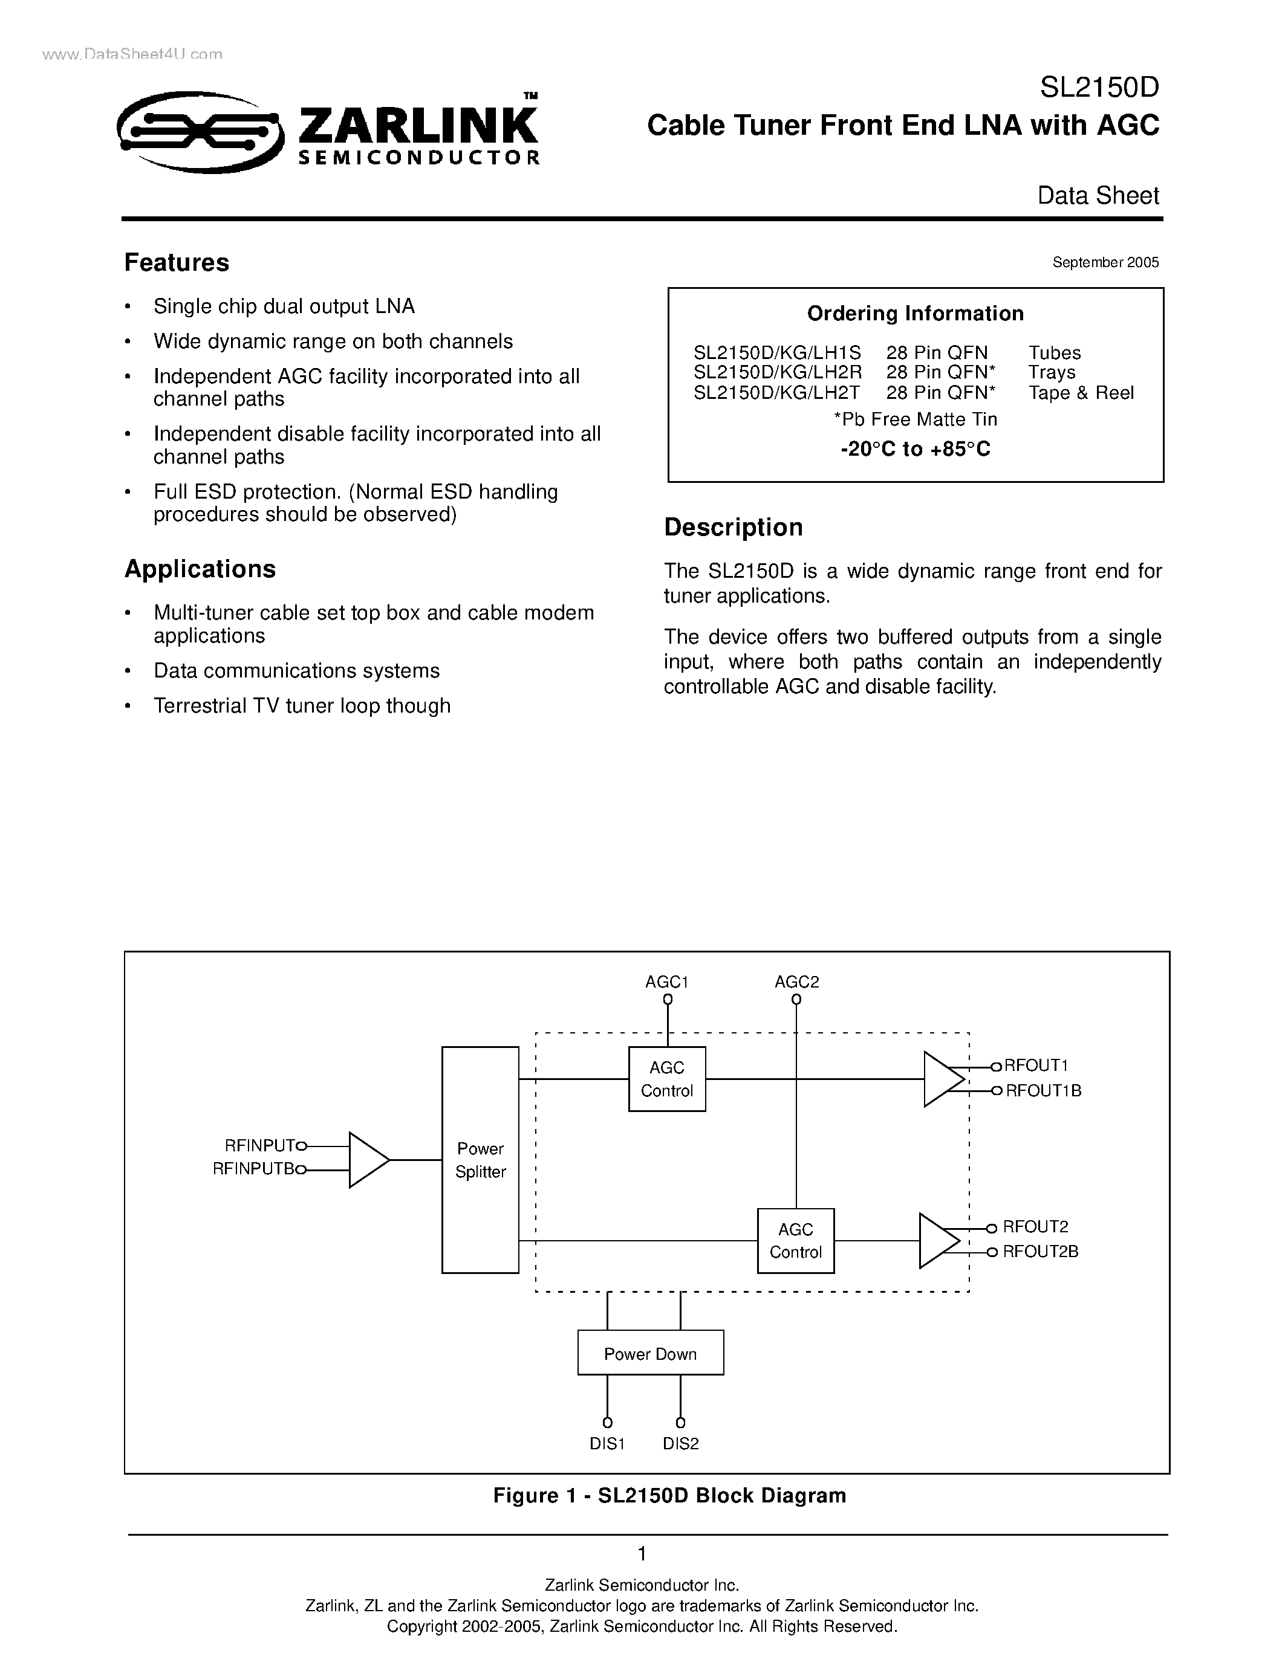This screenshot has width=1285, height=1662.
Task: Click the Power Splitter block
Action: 480,1160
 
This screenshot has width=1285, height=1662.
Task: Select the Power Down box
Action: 650,1354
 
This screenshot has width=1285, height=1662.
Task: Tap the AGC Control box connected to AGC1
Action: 667,1079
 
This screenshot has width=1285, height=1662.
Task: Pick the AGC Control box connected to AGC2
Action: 796,1240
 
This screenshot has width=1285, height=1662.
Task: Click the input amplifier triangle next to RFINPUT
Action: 368,1160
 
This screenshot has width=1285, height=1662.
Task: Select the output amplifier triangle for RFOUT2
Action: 938,1240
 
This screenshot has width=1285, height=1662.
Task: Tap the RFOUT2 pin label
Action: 1035,1226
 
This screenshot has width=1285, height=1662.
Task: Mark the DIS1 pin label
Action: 607,1444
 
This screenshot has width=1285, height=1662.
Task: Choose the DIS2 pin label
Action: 680,1444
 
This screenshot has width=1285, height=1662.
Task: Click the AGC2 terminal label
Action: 796,981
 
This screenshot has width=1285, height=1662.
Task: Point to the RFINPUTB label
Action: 253,1169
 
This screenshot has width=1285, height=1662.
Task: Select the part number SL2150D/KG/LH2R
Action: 777,372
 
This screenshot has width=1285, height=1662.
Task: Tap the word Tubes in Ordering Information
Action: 1055,352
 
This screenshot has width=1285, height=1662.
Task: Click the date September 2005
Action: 1105,262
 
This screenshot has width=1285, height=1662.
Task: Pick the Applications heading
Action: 200,569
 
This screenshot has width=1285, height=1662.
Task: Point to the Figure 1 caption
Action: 669,1495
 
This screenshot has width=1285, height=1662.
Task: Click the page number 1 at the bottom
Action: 642,1553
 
